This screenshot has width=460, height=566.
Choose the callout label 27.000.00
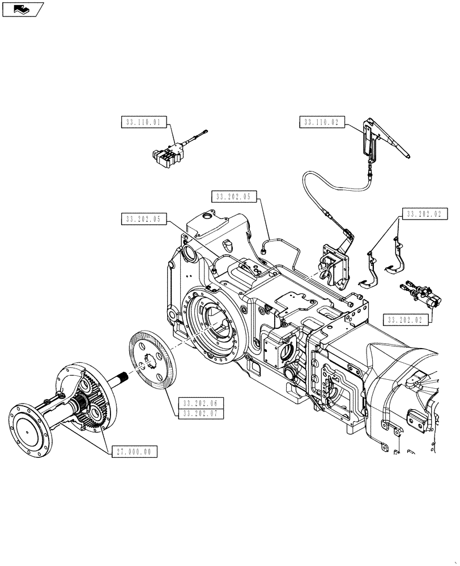(x=135, y=452)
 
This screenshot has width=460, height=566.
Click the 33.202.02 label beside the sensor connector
(x=405, y=320)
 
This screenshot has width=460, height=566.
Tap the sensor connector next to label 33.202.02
(x=420, y=294)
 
